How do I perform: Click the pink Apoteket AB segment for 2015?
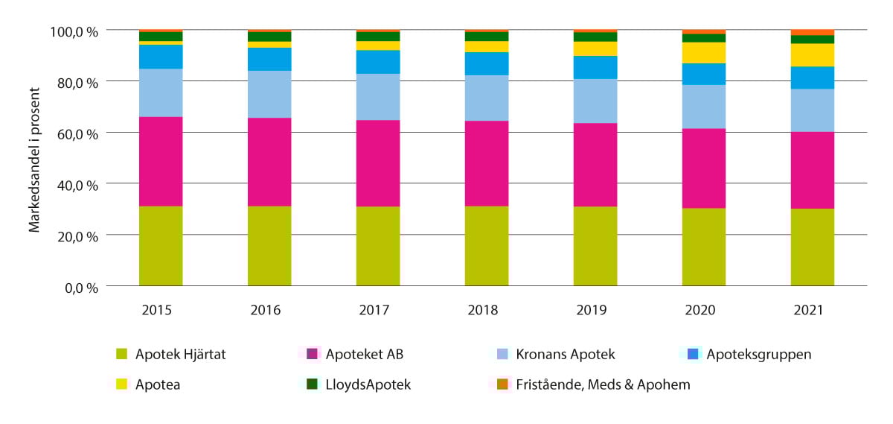click(x=161, y=161)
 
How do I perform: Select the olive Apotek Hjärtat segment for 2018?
click(x=487, y=246)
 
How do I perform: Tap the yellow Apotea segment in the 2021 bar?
click(x=813, y=55)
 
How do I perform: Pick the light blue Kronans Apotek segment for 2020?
click(x=704, y=107)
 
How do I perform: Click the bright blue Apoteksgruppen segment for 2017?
click(x=378, y=62)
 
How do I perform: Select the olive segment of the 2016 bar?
click(x=269, y=246)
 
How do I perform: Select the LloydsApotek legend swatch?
click(x=312, y=385)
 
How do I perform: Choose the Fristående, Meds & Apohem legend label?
click(x=603, y=385)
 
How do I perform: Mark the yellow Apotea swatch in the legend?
click(x=121, y=385)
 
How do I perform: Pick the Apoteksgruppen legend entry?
click(x=758, y=355)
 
